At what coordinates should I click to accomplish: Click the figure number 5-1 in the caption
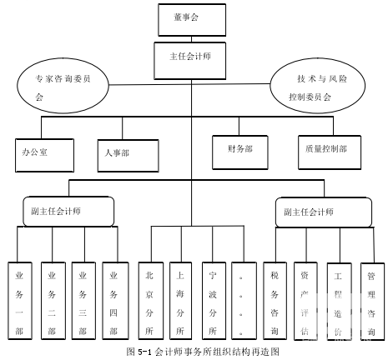click(144, 352)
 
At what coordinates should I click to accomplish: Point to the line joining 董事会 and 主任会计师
click(191, 39)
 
